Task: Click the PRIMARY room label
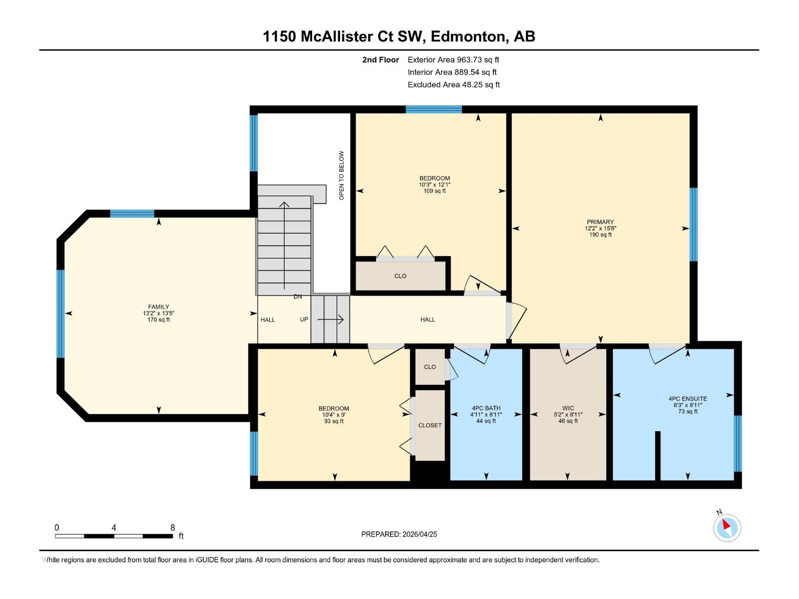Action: pos(600,222)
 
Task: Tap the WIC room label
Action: pos(568,408)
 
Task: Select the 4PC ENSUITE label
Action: pos(688,399)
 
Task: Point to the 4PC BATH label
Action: pos(486,408)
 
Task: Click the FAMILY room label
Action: pos(158,307)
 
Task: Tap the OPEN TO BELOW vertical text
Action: pos(342,176)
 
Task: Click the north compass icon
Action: pos(727,527)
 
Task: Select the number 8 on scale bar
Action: pos(173,528)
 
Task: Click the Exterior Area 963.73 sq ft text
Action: pos(453,60)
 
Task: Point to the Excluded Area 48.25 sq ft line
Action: pos(453,85)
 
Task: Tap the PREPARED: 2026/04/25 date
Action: pos(399,534)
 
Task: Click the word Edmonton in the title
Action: pos(467,36)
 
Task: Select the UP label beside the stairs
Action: pos(304,319)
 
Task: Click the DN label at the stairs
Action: pos(298,297)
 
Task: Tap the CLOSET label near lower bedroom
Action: pos(429,425)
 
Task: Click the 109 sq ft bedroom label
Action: pos(434,191)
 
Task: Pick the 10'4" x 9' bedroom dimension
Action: pos(334,415)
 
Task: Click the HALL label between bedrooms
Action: pos(427,319)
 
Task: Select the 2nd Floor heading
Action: pos(381,60)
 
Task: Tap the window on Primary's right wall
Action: pos(693,225)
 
